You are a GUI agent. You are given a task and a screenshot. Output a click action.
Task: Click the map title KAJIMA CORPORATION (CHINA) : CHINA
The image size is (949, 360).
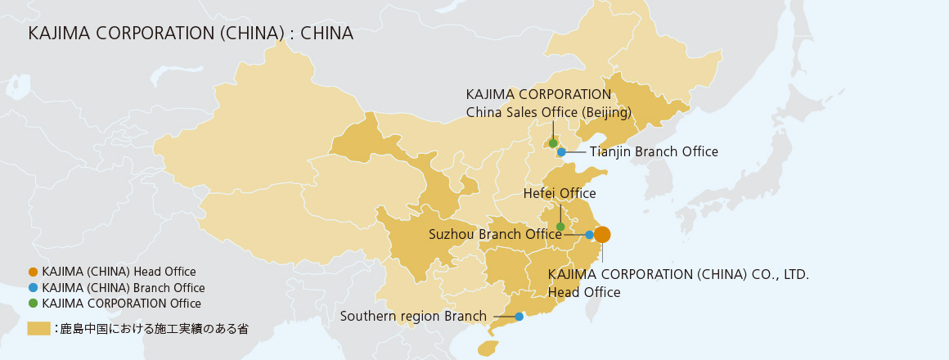[x=190, y=34]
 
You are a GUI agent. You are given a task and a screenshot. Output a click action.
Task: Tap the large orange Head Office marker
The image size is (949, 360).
[x=602, y=235]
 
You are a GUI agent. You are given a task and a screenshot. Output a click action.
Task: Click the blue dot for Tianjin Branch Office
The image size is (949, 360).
[x=561, y=152]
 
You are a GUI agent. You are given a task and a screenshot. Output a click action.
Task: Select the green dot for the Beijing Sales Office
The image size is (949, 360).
[x=553, y=143]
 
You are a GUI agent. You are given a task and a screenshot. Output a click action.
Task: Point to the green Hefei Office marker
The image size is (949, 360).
[x=560, y=227]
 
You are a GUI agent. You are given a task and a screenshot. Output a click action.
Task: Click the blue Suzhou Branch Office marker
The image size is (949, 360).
[x=589, y=235]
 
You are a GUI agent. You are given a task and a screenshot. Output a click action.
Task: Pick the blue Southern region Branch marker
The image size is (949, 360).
[x=519, y=317]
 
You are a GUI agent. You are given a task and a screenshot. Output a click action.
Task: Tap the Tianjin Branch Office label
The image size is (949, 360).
[x=654, y=152]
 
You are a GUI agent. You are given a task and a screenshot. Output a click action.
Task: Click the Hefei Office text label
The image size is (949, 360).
[x=560, y=194]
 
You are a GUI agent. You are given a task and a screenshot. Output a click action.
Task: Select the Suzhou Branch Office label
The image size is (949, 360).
[x=495, y=235]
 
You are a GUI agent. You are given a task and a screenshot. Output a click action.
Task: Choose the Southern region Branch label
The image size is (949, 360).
[x=413, y=317]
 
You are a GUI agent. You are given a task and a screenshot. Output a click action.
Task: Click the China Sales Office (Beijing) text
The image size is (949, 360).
[x=548, y=112]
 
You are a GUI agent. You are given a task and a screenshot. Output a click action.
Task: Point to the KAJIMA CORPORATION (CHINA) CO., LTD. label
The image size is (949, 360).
[x=678, y=275]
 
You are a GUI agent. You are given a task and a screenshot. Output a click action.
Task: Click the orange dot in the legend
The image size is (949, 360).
[x=33, y=272]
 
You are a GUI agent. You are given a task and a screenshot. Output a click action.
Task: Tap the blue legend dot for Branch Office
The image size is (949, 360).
[x=33, y=288]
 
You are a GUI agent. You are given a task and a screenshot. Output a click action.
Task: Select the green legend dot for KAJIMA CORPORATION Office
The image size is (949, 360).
[x=33, y=304]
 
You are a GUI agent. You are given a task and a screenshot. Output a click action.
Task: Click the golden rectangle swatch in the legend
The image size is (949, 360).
[x=38, y=329]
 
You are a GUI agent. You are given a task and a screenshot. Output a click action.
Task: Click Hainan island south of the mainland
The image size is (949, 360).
[x=488, y=349]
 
